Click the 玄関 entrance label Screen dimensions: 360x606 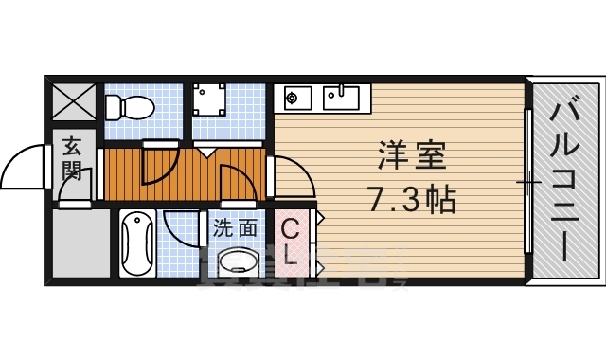tap(72, 159)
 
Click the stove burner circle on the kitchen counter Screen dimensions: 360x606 tap(293, 96)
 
